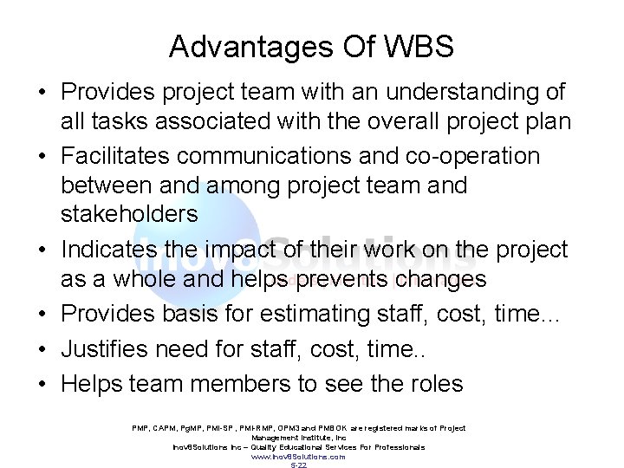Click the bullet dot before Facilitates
(x=42, y=157)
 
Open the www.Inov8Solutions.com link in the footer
(x=299, y=456)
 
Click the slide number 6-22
(x=299, y=465)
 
